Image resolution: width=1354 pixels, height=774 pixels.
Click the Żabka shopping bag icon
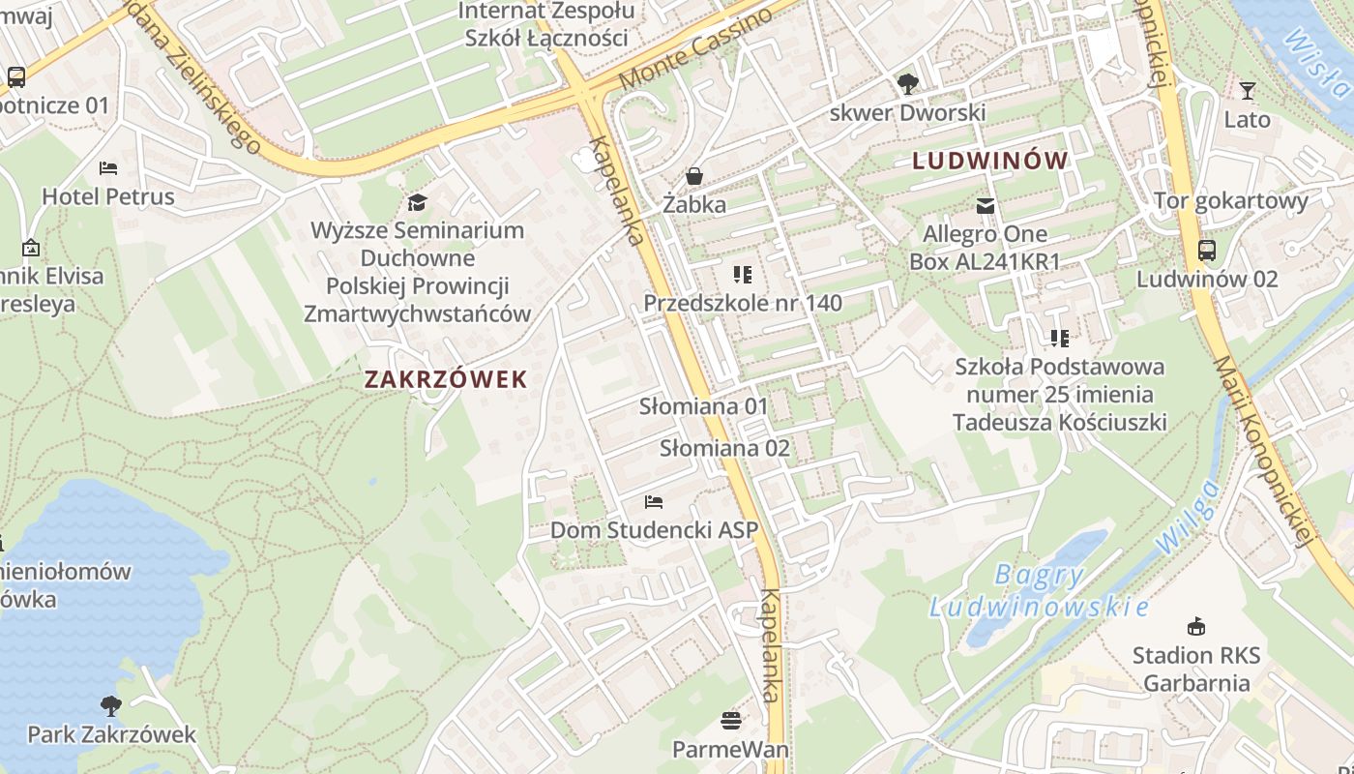[694, 176]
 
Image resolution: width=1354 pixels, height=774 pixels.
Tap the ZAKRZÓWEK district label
[446, 379]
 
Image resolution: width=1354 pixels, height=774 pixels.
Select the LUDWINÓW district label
[990, 162]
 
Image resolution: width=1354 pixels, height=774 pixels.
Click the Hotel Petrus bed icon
[108, 168]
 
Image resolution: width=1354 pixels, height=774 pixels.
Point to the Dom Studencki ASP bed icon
[654, 502]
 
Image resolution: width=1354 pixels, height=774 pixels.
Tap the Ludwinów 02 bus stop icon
[1207, 251]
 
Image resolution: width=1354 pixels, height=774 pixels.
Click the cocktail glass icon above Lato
[1248, 91]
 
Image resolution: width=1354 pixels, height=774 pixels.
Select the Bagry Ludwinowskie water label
[1039, 591]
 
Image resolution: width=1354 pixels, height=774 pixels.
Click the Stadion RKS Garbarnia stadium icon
[1196, 627]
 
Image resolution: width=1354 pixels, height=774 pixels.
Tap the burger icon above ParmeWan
[731, 721]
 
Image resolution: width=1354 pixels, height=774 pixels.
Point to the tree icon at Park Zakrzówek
[111, 706]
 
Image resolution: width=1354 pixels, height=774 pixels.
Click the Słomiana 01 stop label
[703, 406]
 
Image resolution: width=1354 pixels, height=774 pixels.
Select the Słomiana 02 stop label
[724, 448]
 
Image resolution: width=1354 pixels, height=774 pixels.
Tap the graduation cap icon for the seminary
[417, 202]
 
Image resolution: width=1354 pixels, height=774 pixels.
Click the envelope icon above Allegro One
[986, 205]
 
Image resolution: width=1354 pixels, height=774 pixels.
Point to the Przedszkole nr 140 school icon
[743, 275]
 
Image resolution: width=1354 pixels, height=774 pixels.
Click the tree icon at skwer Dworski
[907, 84]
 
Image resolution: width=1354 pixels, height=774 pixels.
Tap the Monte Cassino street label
[695, 49]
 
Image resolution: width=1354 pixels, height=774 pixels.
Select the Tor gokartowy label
[1230, 201]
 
